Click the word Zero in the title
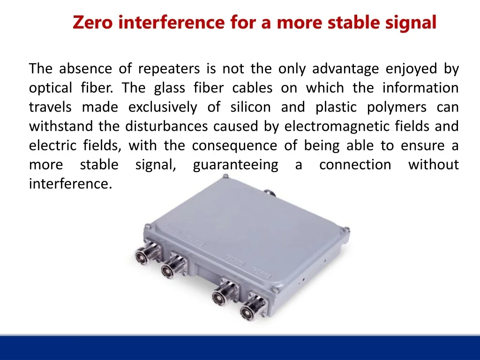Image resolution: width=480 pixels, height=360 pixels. click(x=92, y=22)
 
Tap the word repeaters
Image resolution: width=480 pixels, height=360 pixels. click(x=169, y=69)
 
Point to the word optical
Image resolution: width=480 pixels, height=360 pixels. click(x=51, y=88)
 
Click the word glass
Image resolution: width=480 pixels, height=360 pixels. click(x=170, y=88)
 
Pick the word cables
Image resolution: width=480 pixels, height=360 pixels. click(x=252, y=88)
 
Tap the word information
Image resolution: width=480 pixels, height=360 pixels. click(x=420, y=88)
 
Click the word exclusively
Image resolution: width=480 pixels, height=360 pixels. click(x=163, y=107)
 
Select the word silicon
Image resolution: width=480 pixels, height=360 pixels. click(x=250, y=107)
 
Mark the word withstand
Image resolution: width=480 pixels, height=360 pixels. click(x=61, y=126)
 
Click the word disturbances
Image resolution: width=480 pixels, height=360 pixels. click(x=166, y=126)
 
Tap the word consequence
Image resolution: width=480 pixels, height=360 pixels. click(x=234, y=146)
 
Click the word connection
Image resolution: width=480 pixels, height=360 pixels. click(x=355, y=165)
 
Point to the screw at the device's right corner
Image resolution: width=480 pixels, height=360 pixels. click(x=346, y=229)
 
